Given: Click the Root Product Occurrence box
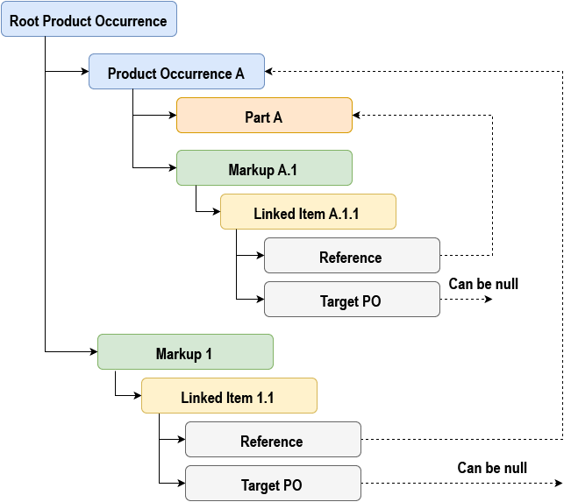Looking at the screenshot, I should [89, 19].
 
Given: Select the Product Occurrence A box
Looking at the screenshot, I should [176, 72].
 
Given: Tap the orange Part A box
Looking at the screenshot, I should [264, 116].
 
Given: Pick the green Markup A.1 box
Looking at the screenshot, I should [264, 168].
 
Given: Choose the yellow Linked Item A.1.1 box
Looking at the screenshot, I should [308, 212].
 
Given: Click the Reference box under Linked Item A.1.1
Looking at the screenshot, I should [352, 256].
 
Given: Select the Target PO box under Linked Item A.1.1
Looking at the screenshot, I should [352, 300].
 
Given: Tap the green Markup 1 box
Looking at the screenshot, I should [185, 352].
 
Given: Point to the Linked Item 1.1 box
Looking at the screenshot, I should [229, 396].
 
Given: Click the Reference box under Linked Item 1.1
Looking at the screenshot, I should [273, 440].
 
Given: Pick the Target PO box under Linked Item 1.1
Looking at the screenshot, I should [273, 484].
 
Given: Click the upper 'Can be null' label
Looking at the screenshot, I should [483, 284].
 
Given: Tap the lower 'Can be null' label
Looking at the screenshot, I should [492, 468].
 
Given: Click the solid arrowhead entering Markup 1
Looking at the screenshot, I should [92, 352].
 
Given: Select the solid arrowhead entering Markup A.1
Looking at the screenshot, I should [171, 168].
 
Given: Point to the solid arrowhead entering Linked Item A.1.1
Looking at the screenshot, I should [215, 212].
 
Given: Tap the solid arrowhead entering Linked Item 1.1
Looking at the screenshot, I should [136, 396].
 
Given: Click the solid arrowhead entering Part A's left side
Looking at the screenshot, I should [171, 116].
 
